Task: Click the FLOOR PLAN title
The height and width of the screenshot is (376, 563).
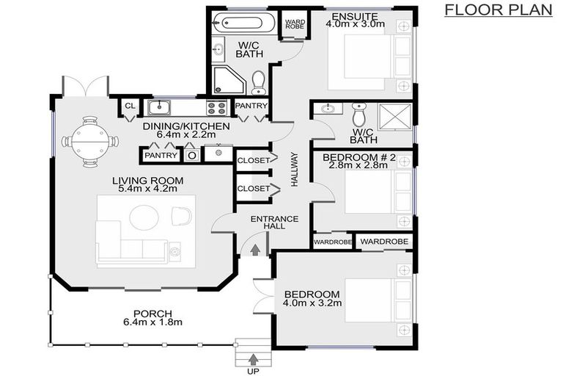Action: (x=498, y=10)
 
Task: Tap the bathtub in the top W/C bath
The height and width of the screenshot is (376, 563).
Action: (x=244, y=23)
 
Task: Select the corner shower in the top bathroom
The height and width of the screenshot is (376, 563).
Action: (x=229, y=81)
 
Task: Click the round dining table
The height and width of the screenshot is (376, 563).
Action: (x=89, y=142)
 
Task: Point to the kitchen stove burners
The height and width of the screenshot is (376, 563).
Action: (x=216, y=108)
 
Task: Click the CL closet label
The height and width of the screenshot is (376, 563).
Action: (x=130, y=106)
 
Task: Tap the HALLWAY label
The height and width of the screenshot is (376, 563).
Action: (x=295, y=170)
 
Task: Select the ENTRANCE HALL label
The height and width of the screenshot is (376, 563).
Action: (x=274, y=223)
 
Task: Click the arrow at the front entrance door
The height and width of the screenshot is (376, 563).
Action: (x=255, y=250)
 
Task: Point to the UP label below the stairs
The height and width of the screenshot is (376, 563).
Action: (x=253, y=372)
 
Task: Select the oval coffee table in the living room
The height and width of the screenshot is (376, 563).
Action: (x=144, y=217)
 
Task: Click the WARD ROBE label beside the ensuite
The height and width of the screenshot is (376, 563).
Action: (x=295, y=24)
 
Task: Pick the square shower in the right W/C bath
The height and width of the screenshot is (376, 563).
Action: (x=395, y=116)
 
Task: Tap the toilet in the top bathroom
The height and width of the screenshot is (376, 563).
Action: (x=258, y=82)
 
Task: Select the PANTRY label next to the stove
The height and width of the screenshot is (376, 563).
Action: (x=251, y=106)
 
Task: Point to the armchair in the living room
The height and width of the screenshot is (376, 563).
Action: (x=181, y=216)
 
